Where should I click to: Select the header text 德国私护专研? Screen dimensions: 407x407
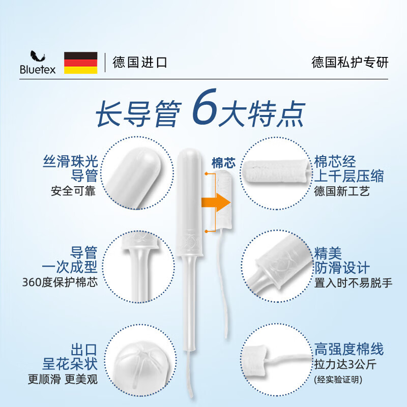(x=350, y=63)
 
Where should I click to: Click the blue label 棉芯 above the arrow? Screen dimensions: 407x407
(x=223, y=163)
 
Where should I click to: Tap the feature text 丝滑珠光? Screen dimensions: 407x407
(x=70, y=162)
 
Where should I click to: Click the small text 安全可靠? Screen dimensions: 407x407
(x=74, y=192)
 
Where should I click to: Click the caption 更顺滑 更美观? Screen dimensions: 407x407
(x=63, y=379)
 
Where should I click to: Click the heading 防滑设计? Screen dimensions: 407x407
(x=342, y=267)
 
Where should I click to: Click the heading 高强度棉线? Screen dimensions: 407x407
(x=348, y=349)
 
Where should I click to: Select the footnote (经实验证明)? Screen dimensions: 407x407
(x=340, y=379)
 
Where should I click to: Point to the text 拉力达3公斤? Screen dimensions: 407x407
(x=344, y=364)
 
